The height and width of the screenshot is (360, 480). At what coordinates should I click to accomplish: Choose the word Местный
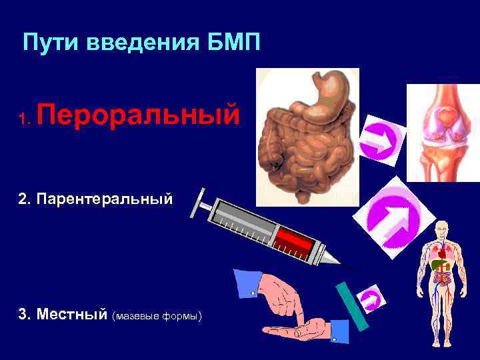(x=73, y=314)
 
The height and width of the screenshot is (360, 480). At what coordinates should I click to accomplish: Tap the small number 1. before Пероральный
(x=25, y=119)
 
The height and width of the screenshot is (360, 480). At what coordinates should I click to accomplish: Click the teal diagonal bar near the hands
(x=353, y=306)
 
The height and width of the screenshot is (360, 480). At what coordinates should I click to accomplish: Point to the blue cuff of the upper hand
(x=247, y=283)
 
